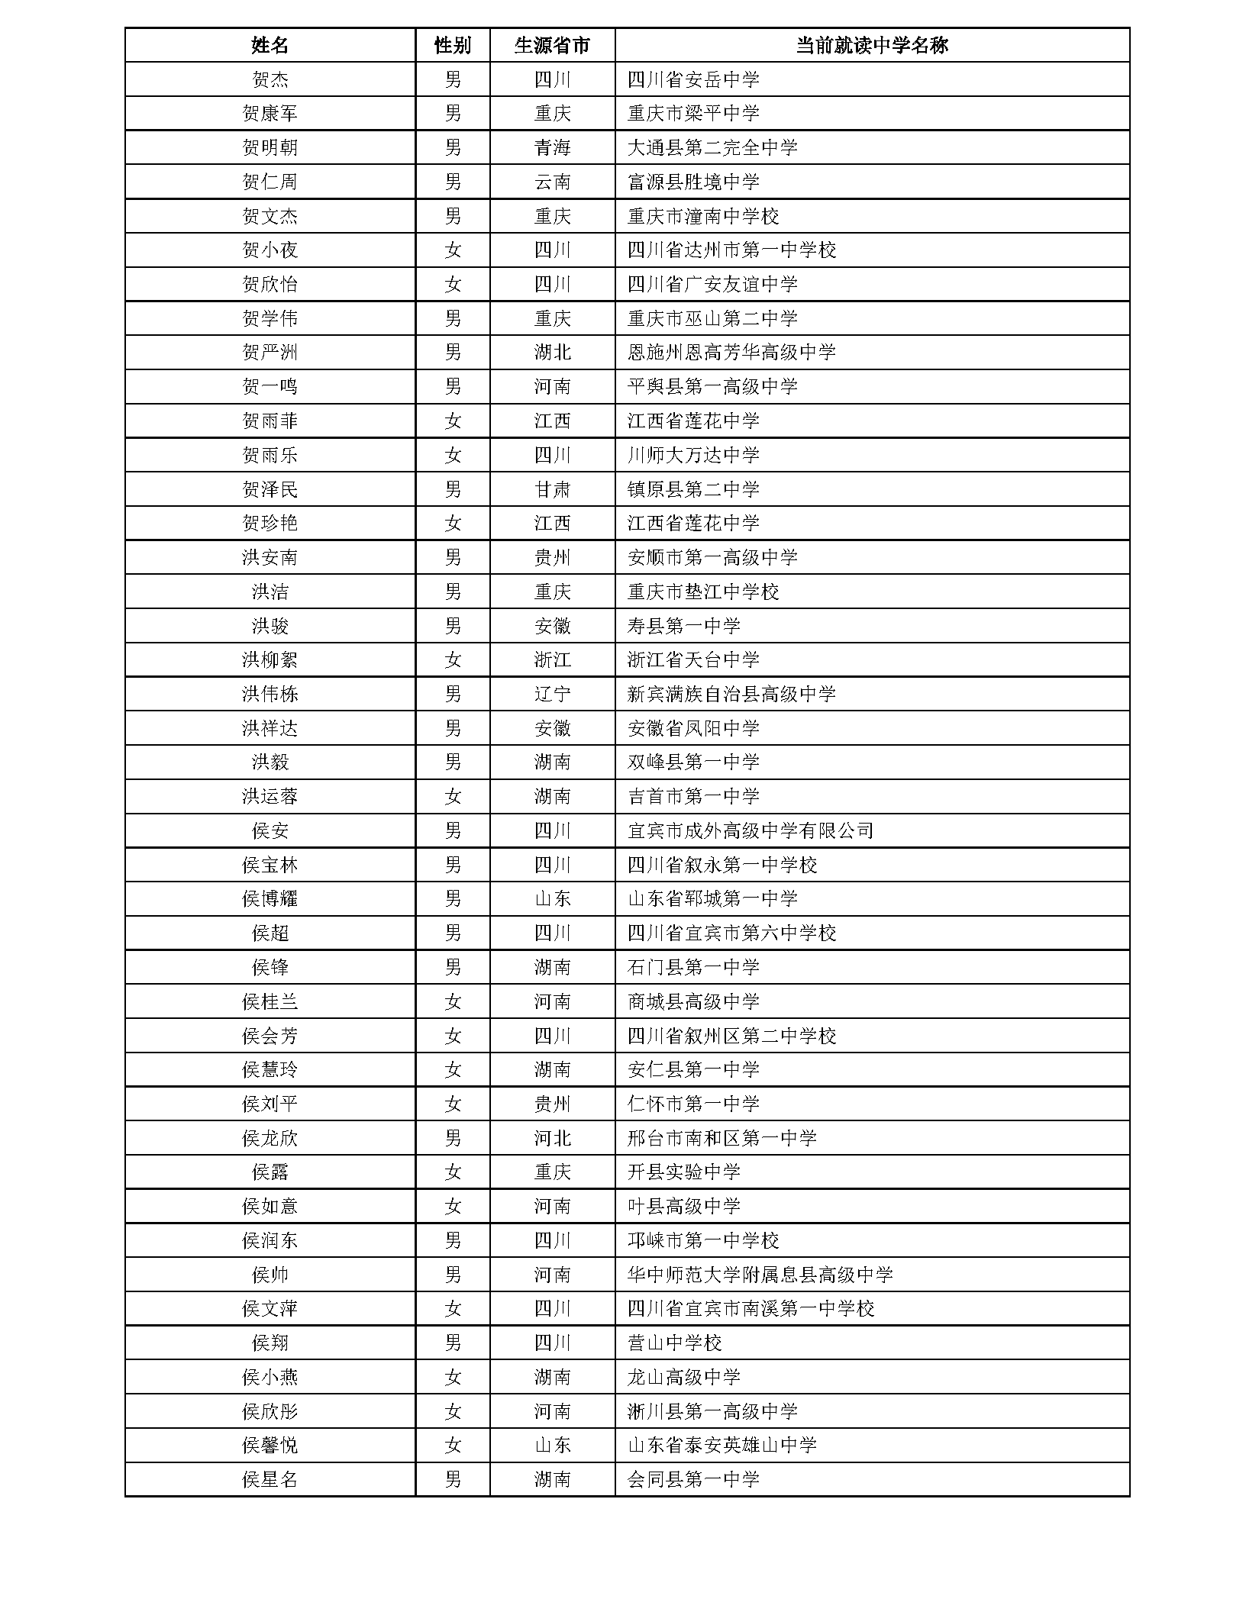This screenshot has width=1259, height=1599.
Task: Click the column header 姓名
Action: click(x=270, y=46)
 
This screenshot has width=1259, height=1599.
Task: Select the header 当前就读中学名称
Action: click(x=871, y=46)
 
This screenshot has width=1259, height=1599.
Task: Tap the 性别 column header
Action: click(x=452, y=46)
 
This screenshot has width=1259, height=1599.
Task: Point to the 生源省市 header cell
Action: click(x=552, y=46)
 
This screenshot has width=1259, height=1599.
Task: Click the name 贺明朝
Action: click(x=270, y=147)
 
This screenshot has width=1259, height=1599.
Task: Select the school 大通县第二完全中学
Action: click(x=712, y=147)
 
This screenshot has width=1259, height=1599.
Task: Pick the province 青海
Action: click(x=552, y=147)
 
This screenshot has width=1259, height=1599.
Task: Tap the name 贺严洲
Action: click(x=270, y=353)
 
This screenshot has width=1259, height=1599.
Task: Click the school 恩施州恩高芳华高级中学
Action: click(x=731, y=353)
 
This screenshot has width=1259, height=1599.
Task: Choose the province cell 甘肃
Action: click(x=552, y=489)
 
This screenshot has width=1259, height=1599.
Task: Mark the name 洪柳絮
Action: click(x=270, y=660)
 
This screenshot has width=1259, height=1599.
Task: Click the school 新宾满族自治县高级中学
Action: click(x=731, y=694)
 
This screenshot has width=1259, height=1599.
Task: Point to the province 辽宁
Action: click(x=552, y=694)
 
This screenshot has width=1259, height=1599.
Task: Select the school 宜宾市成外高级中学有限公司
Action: click(x=750, y=830)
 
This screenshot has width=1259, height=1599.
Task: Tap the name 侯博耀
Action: click(x=270, y=899)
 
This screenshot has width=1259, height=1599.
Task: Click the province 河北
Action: click(x=552, y=1138)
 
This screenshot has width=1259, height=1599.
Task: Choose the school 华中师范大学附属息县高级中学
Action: click(x=760, y=1275)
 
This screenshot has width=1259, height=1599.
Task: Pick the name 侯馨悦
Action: click(x=270, y=1446)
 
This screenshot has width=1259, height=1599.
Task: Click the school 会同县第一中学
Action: click(x=692, y=1480)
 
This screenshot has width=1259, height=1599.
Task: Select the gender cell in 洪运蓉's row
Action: click(x=452, y=797)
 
